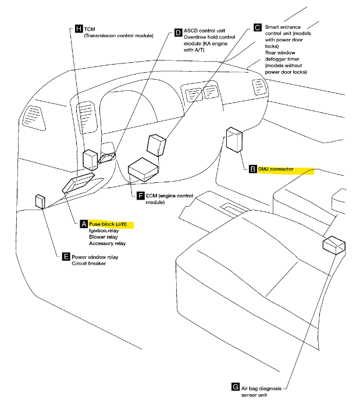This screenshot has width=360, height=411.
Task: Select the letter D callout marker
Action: point(179,33)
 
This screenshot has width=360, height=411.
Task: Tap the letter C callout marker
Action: point(258,27)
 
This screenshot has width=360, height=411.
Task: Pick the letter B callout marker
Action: point(252,169)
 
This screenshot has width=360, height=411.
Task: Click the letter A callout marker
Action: point(84,224)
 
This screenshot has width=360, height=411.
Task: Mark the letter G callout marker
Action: point(235,387)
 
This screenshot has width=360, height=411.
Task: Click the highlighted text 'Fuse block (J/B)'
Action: point(111,224)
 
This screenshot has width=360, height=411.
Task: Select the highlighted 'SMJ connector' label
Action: point(285,169)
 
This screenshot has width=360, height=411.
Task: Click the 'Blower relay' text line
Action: point(104,237)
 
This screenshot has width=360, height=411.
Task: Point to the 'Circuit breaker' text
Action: point(90,263)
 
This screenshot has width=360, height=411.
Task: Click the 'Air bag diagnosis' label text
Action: point(264,387)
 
